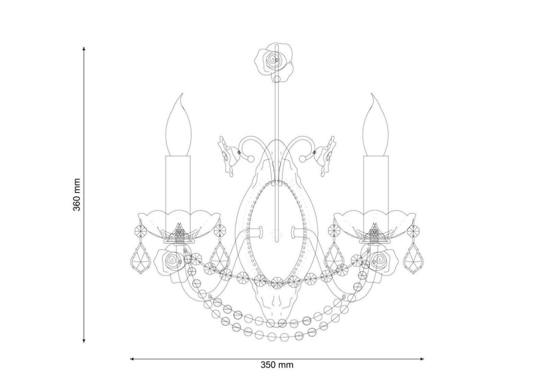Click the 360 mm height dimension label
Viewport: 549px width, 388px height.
point(77,194)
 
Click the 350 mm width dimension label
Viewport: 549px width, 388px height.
point(277,365)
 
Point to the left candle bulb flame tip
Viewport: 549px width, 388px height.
point(182,94)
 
